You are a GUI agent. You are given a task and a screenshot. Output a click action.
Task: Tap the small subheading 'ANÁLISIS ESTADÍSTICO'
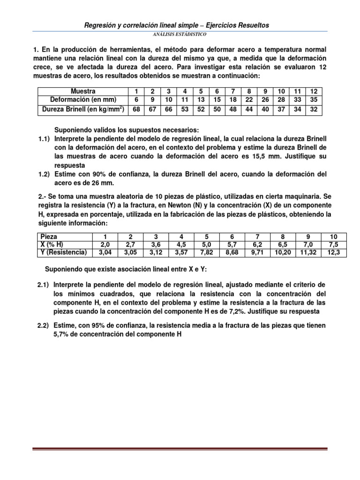pyautogui.click(x=180, y=35)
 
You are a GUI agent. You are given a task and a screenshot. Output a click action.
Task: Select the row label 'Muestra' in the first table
pyautogui.click(x=83, y=91)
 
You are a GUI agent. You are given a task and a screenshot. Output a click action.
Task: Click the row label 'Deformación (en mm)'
pyautogui.click(x=83, y=99)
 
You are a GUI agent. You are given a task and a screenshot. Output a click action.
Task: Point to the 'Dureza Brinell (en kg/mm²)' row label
pyautogui.click(x=83, y=109)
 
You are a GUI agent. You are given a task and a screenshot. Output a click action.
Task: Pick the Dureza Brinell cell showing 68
pyautogui.click(x=136, y=109)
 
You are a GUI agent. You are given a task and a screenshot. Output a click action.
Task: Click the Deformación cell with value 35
pyautogui.click(x=314, y=99)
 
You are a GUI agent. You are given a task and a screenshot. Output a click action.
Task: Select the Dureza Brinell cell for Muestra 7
pyautogui.click(x=232, y=109)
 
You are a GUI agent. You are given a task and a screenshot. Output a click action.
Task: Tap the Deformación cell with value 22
pyautogui.click(x=249, y=99)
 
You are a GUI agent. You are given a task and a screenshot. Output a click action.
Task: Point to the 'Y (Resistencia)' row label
pyautogui.click(x=63, y=253)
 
